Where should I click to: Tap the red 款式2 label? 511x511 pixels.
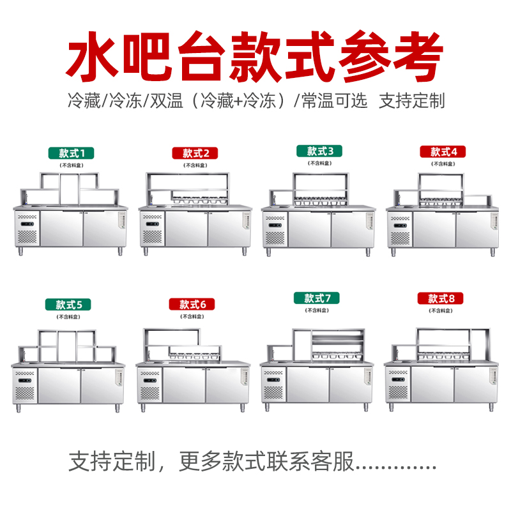[x=195, y=153]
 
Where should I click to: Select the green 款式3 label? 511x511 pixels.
[x=319, y=151]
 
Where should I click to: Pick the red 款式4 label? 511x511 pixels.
[x=443, y=151]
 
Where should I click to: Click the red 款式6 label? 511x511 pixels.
[x=192, y=304]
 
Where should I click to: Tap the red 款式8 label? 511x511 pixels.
[x=440, y=298]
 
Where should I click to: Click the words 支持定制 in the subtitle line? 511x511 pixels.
[x=411, y=100]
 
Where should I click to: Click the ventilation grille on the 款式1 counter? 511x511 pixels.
[x=27, y=237]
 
